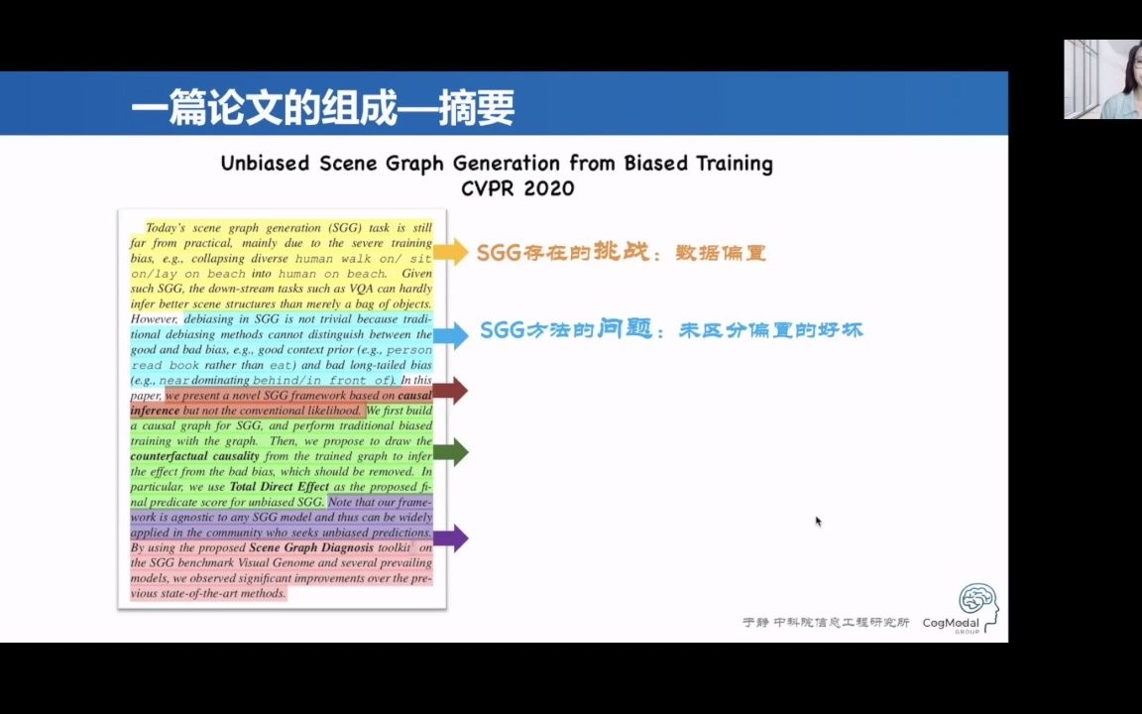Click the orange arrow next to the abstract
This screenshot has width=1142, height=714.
[450, 252]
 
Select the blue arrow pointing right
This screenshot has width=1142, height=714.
[450, 335]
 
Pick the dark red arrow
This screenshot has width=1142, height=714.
[450, 391]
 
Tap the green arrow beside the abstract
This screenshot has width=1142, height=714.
[450, 453]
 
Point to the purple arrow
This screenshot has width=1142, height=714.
[450, 538]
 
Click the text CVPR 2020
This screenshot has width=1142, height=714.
[516, 187]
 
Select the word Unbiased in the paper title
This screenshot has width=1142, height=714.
[265, 164]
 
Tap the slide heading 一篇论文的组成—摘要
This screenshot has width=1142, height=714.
[323, 108]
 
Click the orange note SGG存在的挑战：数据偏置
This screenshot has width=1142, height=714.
[622, 253]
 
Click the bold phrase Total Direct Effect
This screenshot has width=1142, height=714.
[279, 487]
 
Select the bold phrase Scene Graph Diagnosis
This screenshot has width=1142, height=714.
[311, 547]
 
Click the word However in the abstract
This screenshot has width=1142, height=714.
[155, 319]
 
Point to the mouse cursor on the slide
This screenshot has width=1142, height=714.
[818, 521]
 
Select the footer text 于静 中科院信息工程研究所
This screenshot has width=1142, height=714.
[826, 623]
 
